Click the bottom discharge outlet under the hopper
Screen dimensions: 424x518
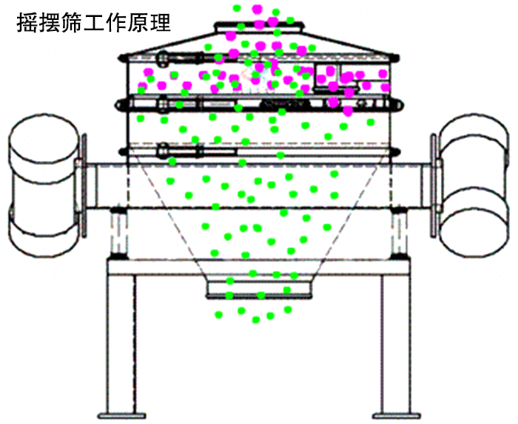258,290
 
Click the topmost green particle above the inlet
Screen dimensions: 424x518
238,8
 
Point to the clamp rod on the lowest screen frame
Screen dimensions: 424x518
196,152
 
